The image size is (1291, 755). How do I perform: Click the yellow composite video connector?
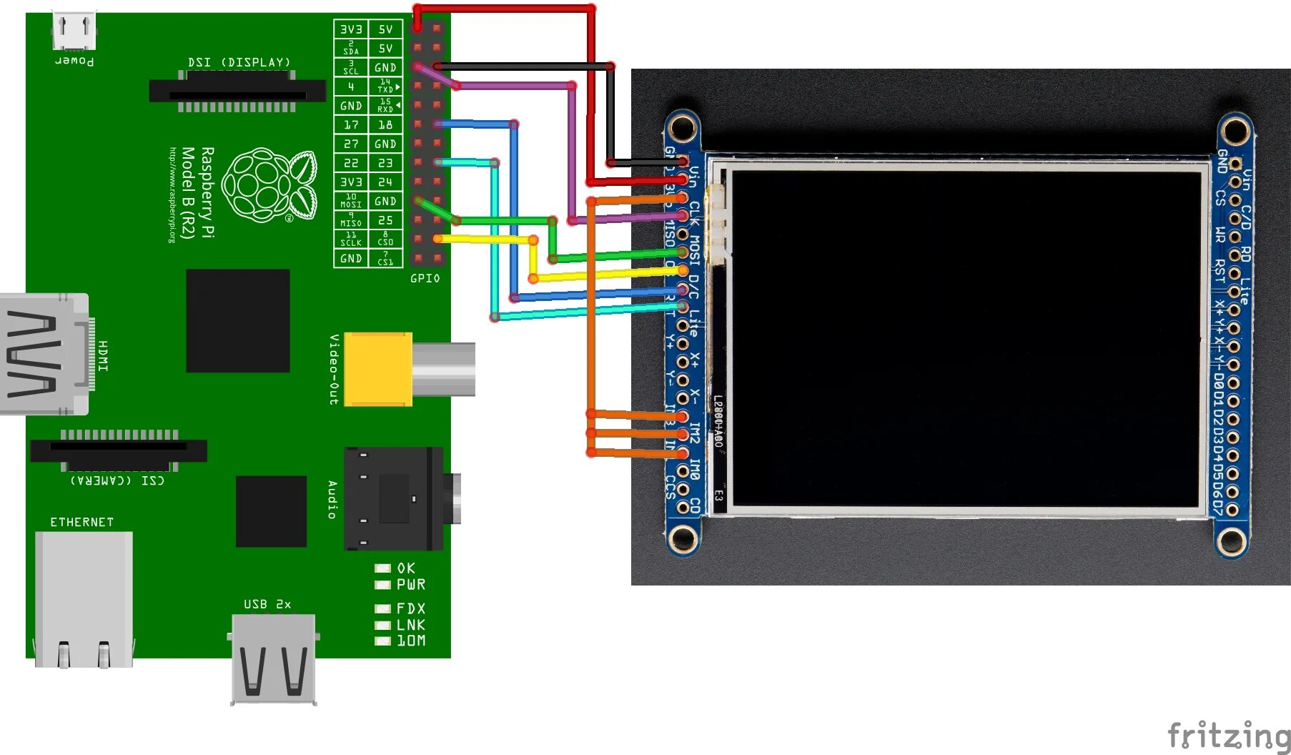[378, 369]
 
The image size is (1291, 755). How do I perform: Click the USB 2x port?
[274, 658]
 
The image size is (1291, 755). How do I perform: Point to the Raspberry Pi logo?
[269, 185]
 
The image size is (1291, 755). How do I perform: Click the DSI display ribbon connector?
[237, 92]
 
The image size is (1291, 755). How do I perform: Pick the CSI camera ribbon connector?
[119, 450]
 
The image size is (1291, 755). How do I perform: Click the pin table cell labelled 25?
[385, 220]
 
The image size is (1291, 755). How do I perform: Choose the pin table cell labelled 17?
[351, 124]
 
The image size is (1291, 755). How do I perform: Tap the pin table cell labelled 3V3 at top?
[351, 29]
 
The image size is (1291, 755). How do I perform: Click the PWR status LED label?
[411, 585]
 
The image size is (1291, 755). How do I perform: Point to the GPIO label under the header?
[425, 278]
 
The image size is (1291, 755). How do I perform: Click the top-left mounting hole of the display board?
[683, 129]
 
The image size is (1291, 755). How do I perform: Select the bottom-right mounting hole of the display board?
[1232, 541]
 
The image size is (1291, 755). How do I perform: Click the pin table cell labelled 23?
[385, 163]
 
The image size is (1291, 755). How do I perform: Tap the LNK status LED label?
[411, 625]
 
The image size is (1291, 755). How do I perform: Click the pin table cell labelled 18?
[385, 124]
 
